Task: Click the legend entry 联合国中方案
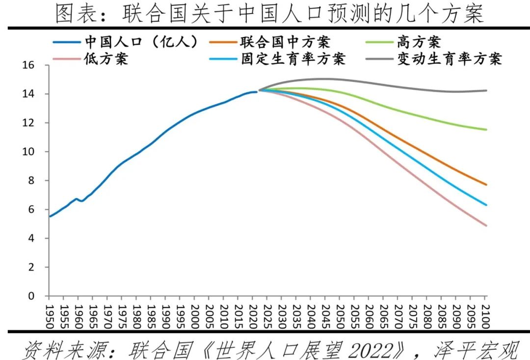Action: pos(285,42)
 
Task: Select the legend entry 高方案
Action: pos(419,42)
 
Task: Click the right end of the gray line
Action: pos(486,90)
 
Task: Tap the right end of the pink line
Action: pos(486,226)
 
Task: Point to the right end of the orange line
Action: pos(486,185)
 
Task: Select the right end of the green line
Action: pos(486,129)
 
